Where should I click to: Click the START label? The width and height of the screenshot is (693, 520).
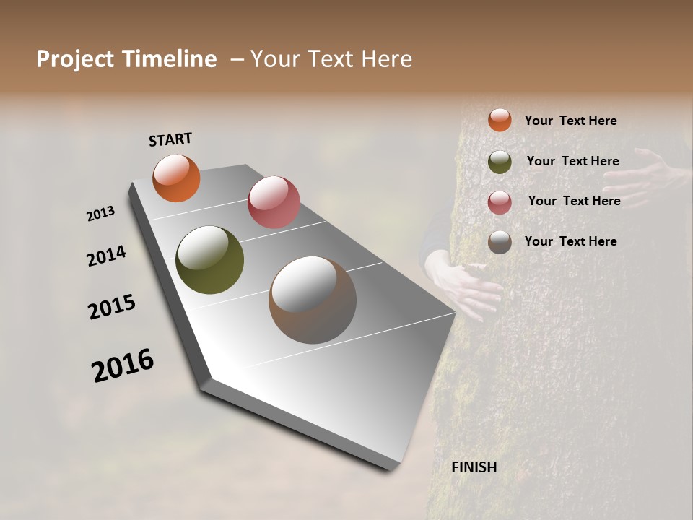click(170, 139)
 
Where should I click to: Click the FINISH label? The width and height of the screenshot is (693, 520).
click(474, 467)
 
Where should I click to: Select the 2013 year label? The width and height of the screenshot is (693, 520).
click(100, 213)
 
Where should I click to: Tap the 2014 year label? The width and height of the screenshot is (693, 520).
click(106, 256)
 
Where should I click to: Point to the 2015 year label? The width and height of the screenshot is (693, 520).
click(112, 307)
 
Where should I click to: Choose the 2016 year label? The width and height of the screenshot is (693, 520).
click(123, 365)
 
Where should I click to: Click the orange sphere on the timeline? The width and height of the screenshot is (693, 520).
click(176, 178)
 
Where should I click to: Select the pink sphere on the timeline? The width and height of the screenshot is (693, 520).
click(274, 202)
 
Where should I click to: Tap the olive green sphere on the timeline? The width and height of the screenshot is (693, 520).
click(209, 260)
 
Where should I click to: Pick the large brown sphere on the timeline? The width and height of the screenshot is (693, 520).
click(312, 300)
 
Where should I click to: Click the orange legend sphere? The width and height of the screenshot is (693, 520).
click(500, 120)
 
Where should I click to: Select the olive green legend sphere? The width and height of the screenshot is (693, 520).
click(500, 162)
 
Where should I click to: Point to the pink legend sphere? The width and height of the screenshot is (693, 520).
click(500, 202)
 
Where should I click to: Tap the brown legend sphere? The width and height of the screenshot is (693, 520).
click(500, 242)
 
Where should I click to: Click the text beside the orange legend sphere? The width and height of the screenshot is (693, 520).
click(570, 121)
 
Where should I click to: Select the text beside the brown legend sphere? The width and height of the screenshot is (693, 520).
click(570, 241)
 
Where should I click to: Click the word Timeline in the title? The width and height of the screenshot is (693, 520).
click(170, 59)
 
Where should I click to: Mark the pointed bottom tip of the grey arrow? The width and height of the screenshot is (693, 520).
click(390, 469)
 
